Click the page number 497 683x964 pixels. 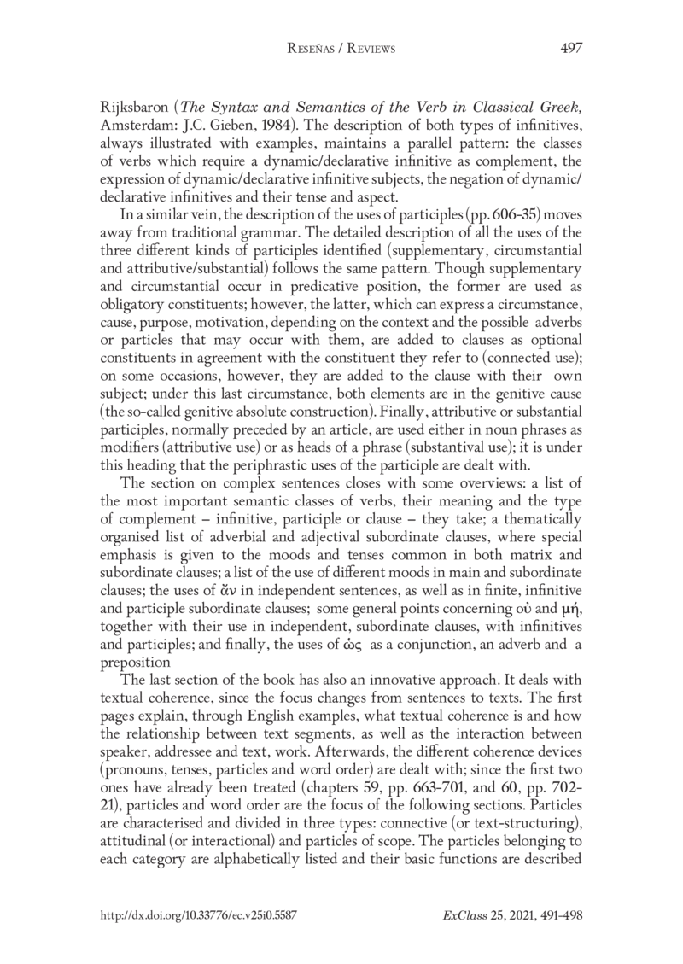pyautogui.click(x=571, y=49)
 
